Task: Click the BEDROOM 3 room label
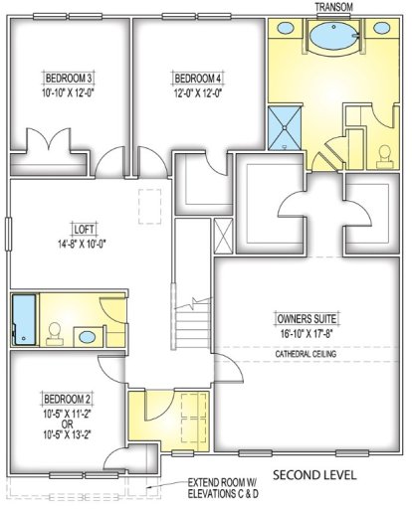click(x=69, y=78)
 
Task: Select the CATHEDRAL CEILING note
click(x=308, y=354)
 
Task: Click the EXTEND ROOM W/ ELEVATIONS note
click(x=225, y=486)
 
